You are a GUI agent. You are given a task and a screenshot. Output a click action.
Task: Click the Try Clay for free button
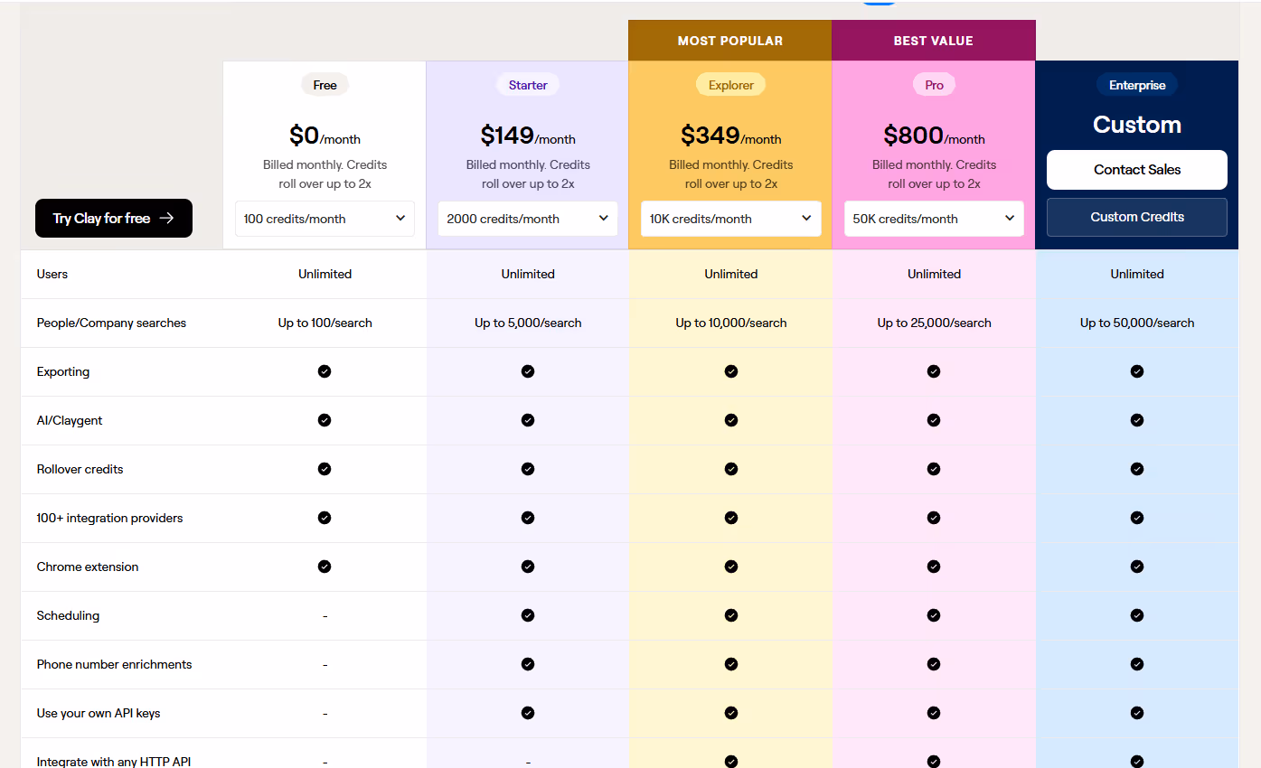114,218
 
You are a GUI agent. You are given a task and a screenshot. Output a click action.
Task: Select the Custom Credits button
1136,217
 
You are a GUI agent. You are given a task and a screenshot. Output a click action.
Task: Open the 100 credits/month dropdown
325,219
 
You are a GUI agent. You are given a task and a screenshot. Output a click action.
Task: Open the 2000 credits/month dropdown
528,219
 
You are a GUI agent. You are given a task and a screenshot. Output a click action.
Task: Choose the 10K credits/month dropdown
730,219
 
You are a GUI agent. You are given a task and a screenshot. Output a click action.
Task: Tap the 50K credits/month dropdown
934,219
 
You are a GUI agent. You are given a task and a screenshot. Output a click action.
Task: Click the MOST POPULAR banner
730,41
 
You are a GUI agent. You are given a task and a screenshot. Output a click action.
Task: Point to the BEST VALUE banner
933,41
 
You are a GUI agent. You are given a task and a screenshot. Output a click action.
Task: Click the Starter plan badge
528,85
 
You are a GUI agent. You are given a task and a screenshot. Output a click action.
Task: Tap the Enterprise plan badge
1137,85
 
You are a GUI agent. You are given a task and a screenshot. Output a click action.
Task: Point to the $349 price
710,136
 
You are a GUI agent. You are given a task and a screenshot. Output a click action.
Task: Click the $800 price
914,136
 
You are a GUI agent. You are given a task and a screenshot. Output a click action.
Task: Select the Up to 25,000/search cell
934,323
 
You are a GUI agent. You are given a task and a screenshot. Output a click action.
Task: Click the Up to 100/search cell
325,323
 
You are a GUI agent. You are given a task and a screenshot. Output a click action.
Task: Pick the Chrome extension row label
88,567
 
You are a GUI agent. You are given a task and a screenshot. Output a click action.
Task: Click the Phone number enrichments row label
114,664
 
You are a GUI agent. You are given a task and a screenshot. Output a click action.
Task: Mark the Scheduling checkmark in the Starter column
528,615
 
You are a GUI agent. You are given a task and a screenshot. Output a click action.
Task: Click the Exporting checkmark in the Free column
325,371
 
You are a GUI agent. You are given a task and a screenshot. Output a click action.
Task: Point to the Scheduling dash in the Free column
325,616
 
